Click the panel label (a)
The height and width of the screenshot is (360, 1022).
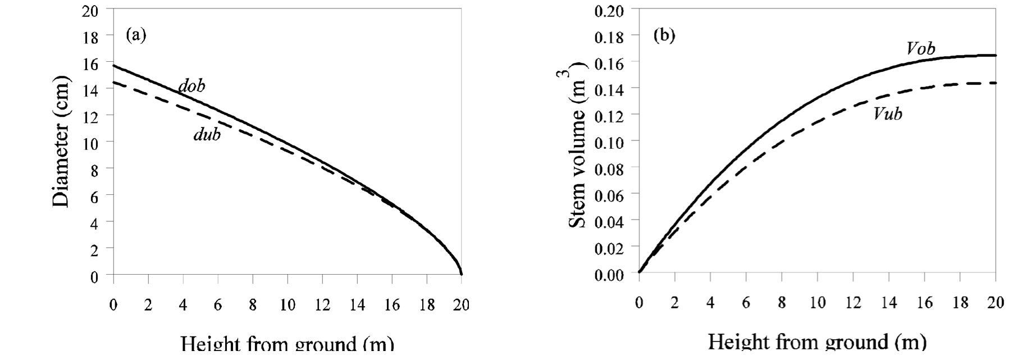click(x=136, y=35)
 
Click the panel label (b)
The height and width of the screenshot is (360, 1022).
click(x=664, y=35)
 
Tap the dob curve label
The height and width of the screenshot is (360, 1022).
click(x=192, y=86)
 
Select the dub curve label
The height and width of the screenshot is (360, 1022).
click(x=207, y=135)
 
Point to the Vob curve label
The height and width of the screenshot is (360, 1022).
click(x=921, y=49)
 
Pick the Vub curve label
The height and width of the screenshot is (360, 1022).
click(x=888, y=114)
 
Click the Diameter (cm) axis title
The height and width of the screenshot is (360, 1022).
click(x=62, y=142)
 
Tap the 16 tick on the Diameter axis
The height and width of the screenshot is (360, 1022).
click(x=90, y=63)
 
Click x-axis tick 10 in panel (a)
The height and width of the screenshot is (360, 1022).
click(x=287, y=305)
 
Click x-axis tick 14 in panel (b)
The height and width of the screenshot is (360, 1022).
click(x=888, y=303)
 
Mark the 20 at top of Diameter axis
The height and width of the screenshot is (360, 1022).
click(x=90, y=11)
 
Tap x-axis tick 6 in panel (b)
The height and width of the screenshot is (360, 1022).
click(x=746, y=303)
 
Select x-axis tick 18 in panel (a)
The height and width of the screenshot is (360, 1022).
click(x=427, y=305)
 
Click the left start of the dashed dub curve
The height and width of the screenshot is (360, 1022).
click(x=114, y=83)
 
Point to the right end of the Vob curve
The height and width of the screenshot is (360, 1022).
click(x=996, y=55)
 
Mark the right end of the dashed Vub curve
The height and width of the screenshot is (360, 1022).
click(x=996, y=83)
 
